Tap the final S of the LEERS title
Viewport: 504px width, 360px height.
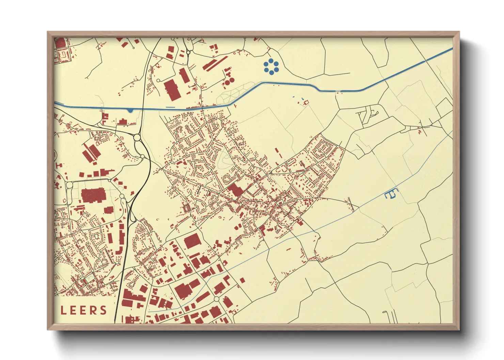tap(103, 310)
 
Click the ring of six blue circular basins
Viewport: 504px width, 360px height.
tap(271, 66)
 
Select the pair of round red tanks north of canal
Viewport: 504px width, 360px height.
tap(229, 81)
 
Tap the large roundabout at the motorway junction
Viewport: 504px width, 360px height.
tap(137, 137)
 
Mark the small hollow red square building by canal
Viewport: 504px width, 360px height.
tap(306, 102)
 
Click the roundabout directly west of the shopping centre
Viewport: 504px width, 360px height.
tap(70, 185)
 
